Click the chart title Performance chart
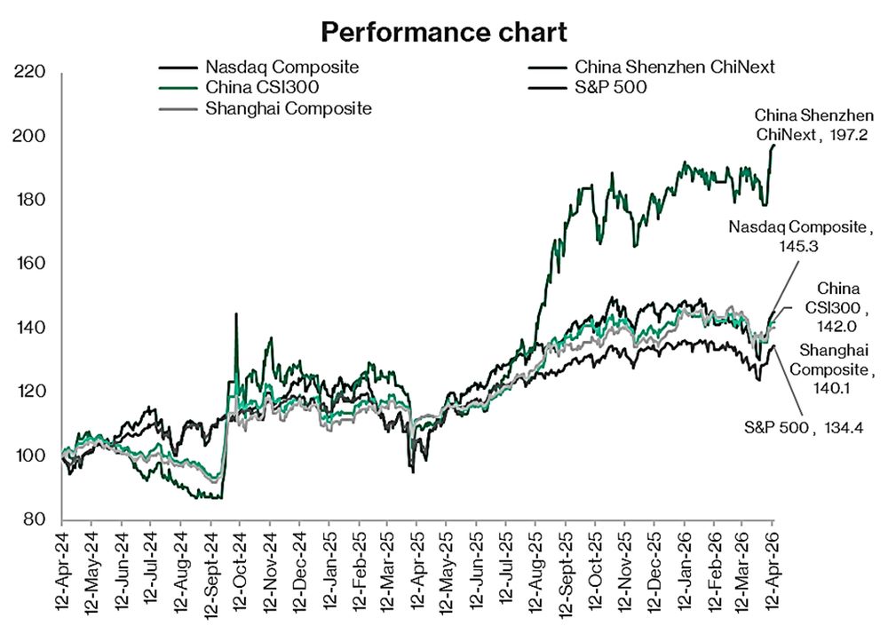point(443,33)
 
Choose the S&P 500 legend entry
point(611,87)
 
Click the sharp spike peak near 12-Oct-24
point(235,313)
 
